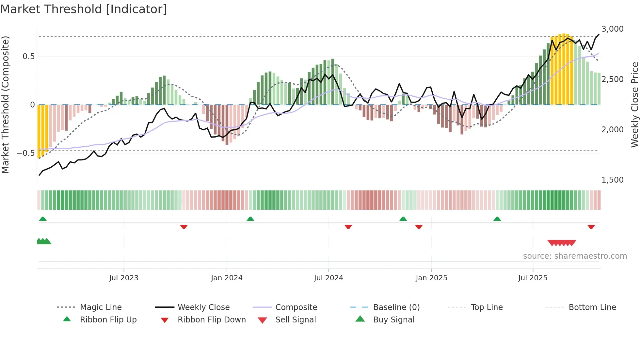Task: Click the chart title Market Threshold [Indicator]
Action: pyautogui.click(x=84, y=9)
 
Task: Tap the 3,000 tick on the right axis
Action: pyautogui.click(x=612, y=29)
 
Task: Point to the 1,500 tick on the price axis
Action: pyautogui.click(x=612, y=180)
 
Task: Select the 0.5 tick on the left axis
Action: pyautogui.click(x=28, y=57)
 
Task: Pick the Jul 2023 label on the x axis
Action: pyautogui.click(x=124, y=278)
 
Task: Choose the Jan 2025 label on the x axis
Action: pyautogui.click(x=431, y=278)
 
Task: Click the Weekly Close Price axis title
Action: pyautogui.click(x=634, y=105)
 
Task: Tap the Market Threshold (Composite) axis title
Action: pyautogui.click(x=5, y=105)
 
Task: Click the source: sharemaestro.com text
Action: pyautogui.click(x=575, y=256)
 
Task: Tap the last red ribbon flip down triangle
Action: pyautogui.click(x=591, y=227)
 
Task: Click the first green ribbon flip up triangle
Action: pyautogui.click(x=43, y=219)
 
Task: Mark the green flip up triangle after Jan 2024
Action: pyautogui.click(x=250, y=219)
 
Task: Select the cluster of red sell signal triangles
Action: pyautogui.click(x=562, y=243)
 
